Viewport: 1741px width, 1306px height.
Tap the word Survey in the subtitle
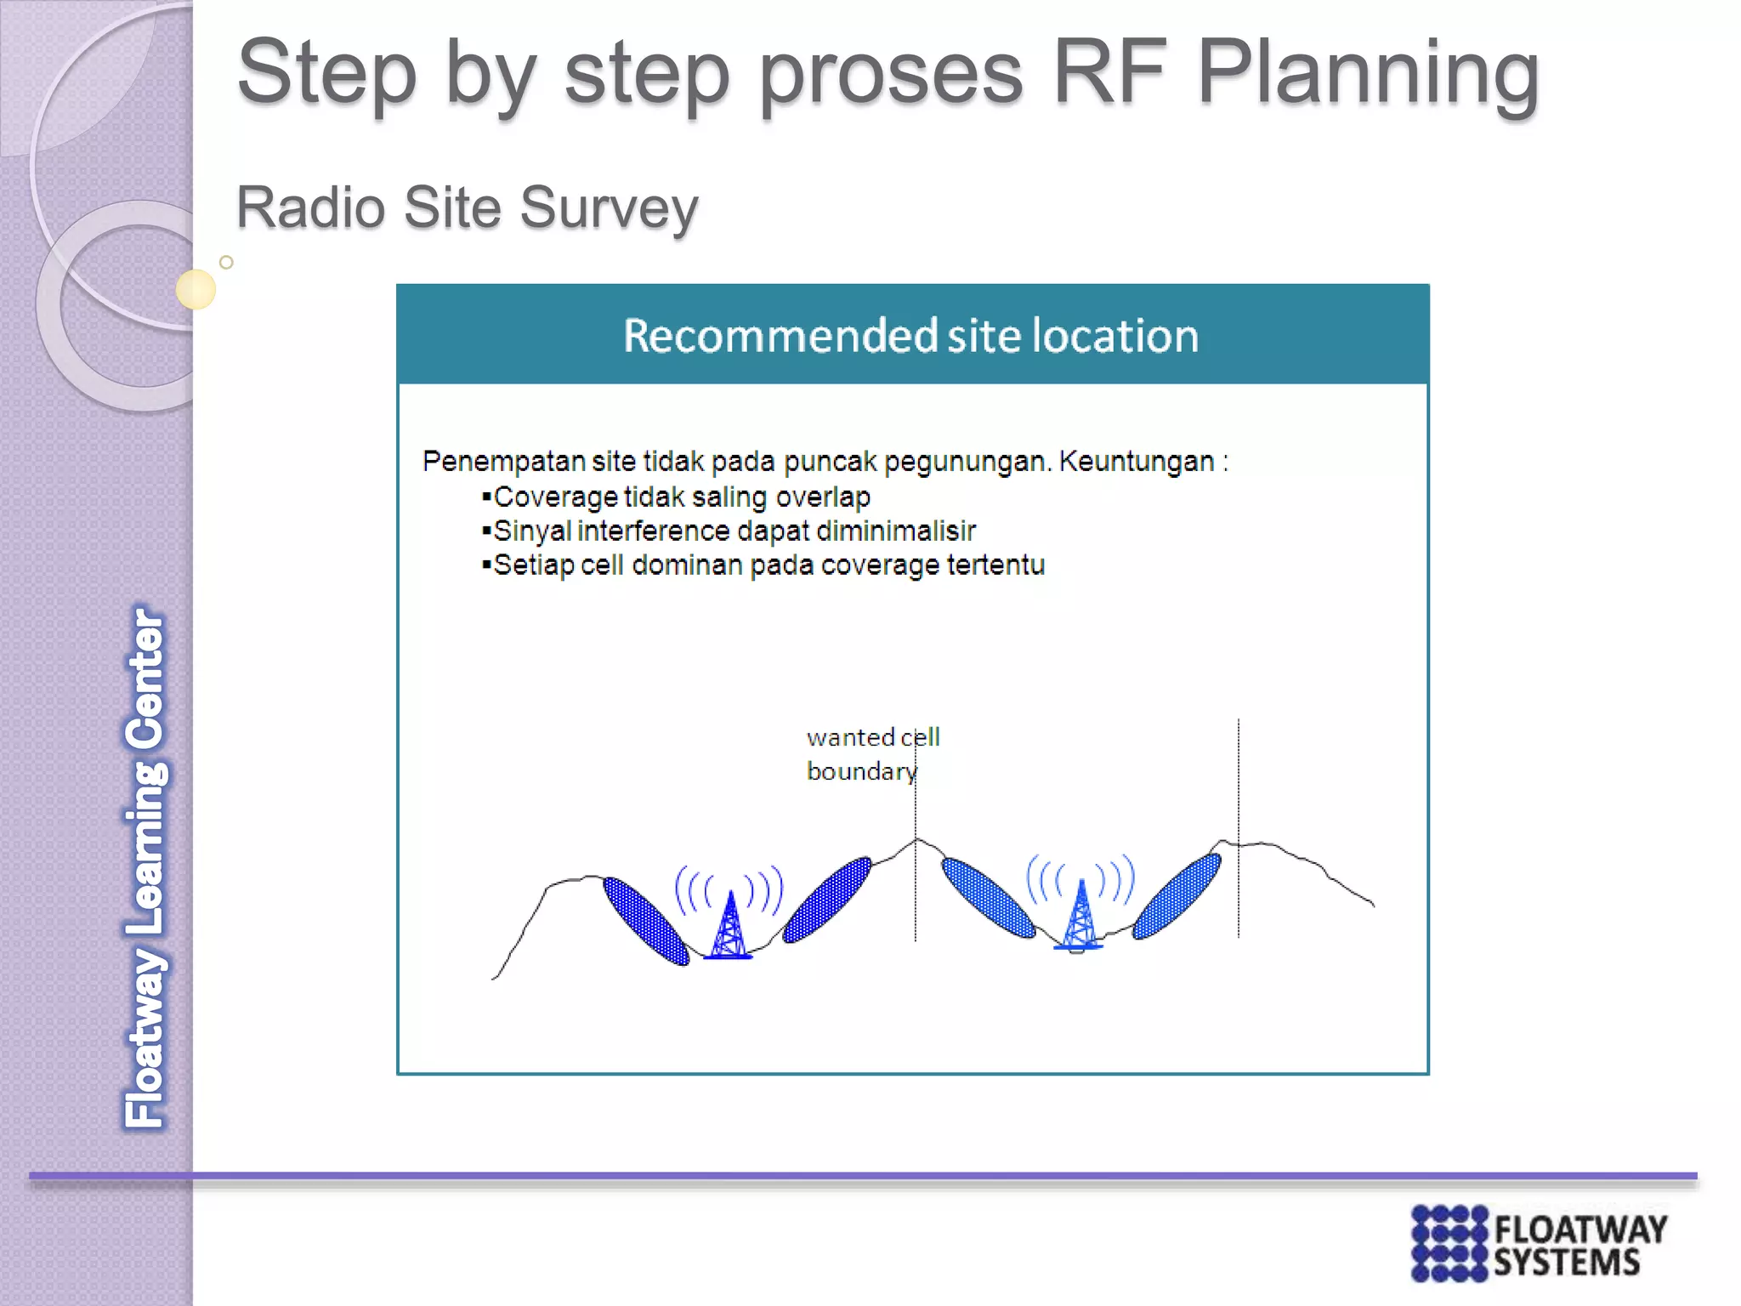click(x=609, y=208)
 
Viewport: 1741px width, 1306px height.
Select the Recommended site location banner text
click(x=910, y=336)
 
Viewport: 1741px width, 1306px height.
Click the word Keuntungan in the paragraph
click(x=1136, y=462)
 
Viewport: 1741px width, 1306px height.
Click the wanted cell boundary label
click(x=871, y=754)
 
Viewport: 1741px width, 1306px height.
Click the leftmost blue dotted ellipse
click(x=646, y=921)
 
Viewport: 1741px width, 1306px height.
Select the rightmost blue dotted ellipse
click(x=1177, y=896)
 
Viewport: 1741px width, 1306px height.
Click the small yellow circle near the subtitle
click(x=196, y=289)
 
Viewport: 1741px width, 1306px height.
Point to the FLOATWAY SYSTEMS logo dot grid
click(x=1449, y=1243)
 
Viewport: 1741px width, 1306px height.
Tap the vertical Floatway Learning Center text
click(x=146, y=867)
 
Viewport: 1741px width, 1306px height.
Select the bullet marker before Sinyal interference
click(x=486, y=531)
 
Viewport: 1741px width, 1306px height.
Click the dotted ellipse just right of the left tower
click(x=827, y=900)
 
